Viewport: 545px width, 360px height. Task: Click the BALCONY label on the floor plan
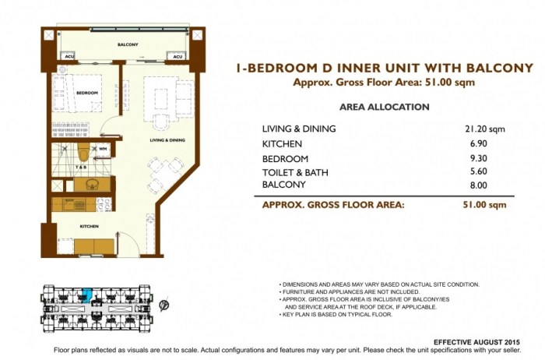(128, 44)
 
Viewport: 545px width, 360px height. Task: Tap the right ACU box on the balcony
(178, 56)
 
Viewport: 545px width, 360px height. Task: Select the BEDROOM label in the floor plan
(86, 94)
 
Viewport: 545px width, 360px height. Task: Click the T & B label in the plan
(80, 167)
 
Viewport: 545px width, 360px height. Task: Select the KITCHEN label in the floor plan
(88, 226)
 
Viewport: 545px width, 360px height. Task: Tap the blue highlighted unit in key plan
(88, 294)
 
